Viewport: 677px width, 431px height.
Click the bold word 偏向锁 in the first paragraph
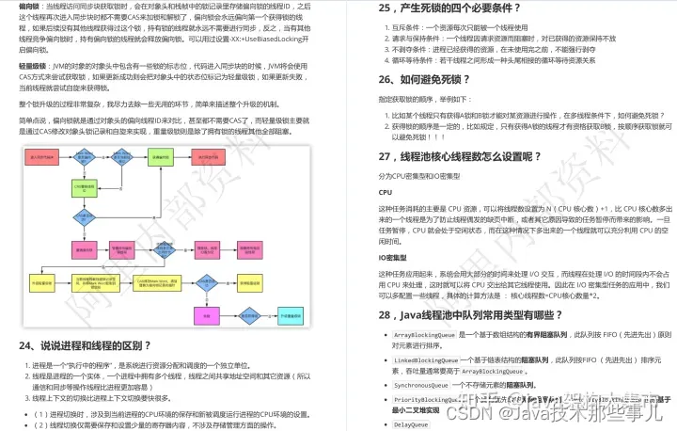pyautogui.click(x=29, y=6)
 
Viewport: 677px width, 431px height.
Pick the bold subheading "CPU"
pyautogui.click(x=386, y=191)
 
